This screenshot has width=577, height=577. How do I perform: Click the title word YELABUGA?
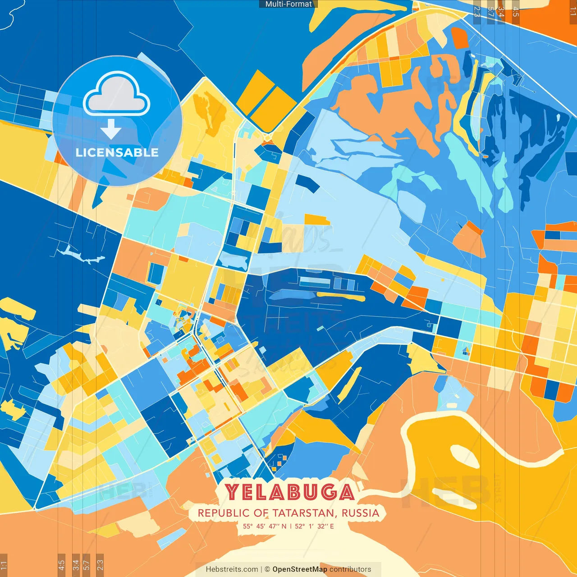pos(289,492)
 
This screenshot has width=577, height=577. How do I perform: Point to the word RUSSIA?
pos(360,513)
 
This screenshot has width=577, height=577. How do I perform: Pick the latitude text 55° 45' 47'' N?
pos(265,526)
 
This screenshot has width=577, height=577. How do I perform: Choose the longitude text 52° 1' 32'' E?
pos(314,526)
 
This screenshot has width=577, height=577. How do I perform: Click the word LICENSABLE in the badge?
pos(117,152)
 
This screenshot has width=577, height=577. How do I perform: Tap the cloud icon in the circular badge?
pos(117,93)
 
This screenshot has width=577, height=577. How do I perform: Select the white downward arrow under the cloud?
pos(111,129)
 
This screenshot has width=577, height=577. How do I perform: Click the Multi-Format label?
pos(288,4)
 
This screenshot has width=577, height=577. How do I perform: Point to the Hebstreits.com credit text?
pos(232,569)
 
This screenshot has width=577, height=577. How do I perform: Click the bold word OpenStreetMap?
pos(299,569)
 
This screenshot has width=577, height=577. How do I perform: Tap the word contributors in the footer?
pos(350,569)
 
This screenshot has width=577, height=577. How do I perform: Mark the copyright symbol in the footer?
pos(267,569)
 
